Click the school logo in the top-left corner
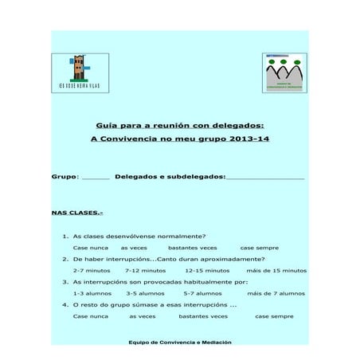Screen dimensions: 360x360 pyautogui.click(x=80, y=72)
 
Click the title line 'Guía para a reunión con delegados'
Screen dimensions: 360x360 pyautogui.click(x=180, y=124)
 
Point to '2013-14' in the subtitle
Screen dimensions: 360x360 pyautogui.click(x=248, y=139)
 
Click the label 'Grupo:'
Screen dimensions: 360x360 pyautogui.click(x=65, y=176)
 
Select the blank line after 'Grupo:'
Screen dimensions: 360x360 pyautogui.click(x=96, y=177)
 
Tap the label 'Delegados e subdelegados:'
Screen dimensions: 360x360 pyautogui.click(x=170, y=176)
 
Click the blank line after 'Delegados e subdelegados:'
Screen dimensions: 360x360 pyautogui.click(x=265, y=177)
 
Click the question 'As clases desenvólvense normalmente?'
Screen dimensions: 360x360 pyautogui.click(x=139, y=236)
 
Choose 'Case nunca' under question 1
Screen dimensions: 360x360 pyautogui.click(x=91, y=248)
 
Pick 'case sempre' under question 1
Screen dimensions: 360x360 pyautogui.click(x=259, y=248)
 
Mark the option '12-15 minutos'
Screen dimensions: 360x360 pyautogui.click(x=206, y=271)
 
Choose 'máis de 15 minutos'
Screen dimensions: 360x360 pyautogui.click(x=276, y=271)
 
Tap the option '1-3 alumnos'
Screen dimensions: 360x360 pyautogui.click(x=92, y=293)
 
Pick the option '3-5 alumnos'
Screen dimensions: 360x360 pyautogui.click(x=145, y=293)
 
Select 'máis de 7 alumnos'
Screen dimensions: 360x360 pyautogui.click(x=276, y=293)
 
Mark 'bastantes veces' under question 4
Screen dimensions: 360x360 pyautogui.click(x=203, y=316)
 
